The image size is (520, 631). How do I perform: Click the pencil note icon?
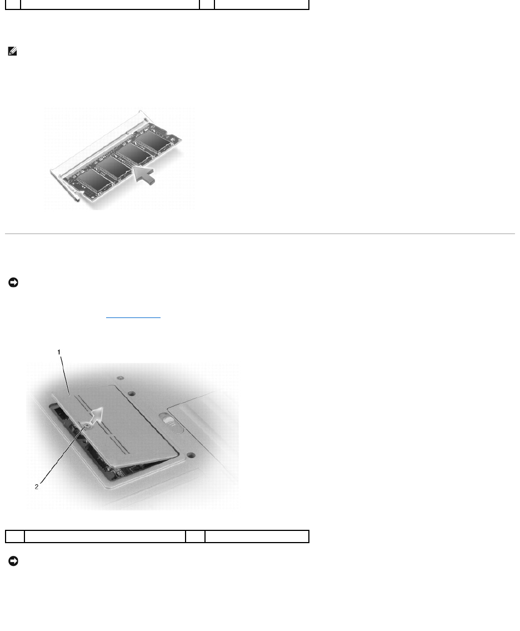(x=12, y=52)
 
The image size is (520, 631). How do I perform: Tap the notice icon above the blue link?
(x=13, y=282)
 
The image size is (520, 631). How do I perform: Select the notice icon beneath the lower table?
(x=13, y=561)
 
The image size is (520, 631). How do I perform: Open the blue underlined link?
(x=133, y=317)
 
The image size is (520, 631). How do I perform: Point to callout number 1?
(x=59, y=352)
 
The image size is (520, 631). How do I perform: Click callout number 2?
(x=37, y=486)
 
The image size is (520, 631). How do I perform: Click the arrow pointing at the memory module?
(x=143, y=175)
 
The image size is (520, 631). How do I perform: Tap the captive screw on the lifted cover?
(x=85, y=425)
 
